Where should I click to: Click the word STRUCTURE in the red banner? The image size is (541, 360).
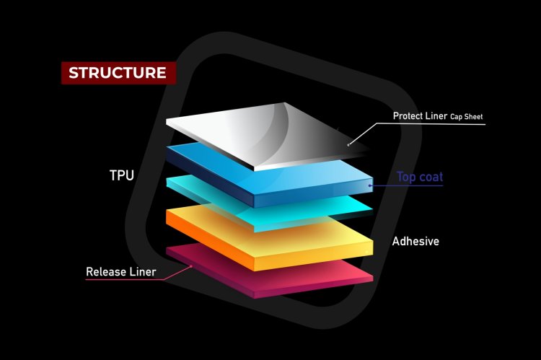[117, 73]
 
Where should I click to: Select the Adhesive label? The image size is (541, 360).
[415, 241]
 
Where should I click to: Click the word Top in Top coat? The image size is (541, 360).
[408, 177]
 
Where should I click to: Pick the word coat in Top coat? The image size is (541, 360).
[431, 177]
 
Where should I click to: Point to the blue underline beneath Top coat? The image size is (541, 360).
[411, 186]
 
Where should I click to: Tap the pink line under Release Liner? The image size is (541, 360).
[130, 280]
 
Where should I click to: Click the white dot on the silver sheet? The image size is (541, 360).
[349, 144]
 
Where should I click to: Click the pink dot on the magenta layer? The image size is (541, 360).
[191, 265]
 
